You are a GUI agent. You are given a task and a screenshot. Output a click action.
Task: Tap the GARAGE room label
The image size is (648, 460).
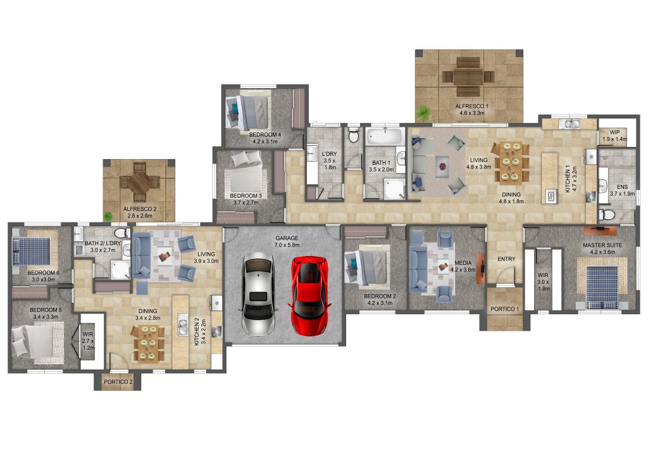(x=286, y=238)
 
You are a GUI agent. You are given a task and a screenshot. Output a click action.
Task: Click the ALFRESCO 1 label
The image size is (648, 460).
(x=469, y=106)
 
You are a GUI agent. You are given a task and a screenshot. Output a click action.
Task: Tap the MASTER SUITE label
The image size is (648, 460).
(x=602, y=245)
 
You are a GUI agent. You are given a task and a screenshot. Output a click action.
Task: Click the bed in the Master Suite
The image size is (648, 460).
(x=601, y=285)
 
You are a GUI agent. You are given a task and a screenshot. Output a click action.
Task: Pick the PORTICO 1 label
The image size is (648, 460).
(x=505, y=309)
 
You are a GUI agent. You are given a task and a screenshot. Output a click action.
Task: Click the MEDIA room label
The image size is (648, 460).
(x=464, y=262)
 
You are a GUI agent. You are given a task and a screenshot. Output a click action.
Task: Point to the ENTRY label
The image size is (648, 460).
(x=506, y=259)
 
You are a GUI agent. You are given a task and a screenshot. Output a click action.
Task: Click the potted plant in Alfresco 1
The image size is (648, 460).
(x=423, y=114)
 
